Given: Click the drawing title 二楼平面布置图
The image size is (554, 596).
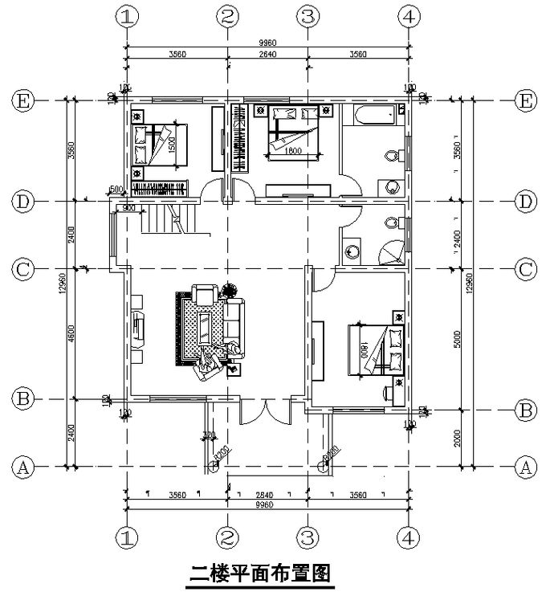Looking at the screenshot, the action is pyautogui.click(x=261, y=574).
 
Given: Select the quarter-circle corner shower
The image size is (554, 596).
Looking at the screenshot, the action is pyautogui.click(x=390, y=251).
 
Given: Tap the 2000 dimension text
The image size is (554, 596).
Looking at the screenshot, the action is pyautogui.click(x=458, y=439).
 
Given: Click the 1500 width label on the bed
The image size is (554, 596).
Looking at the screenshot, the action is pyautogui.click(x=171, y=145).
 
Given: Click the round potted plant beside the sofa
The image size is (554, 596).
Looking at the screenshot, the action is pyautogui.click(x=230, y=287).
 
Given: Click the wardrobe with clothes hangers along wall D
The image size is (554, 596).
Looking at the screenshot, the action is pyautogui.click(x=159, y=190).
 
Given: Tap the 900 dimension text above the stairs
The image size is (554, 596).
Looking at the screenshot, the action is pyautogui.click(x=128, y=208).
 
